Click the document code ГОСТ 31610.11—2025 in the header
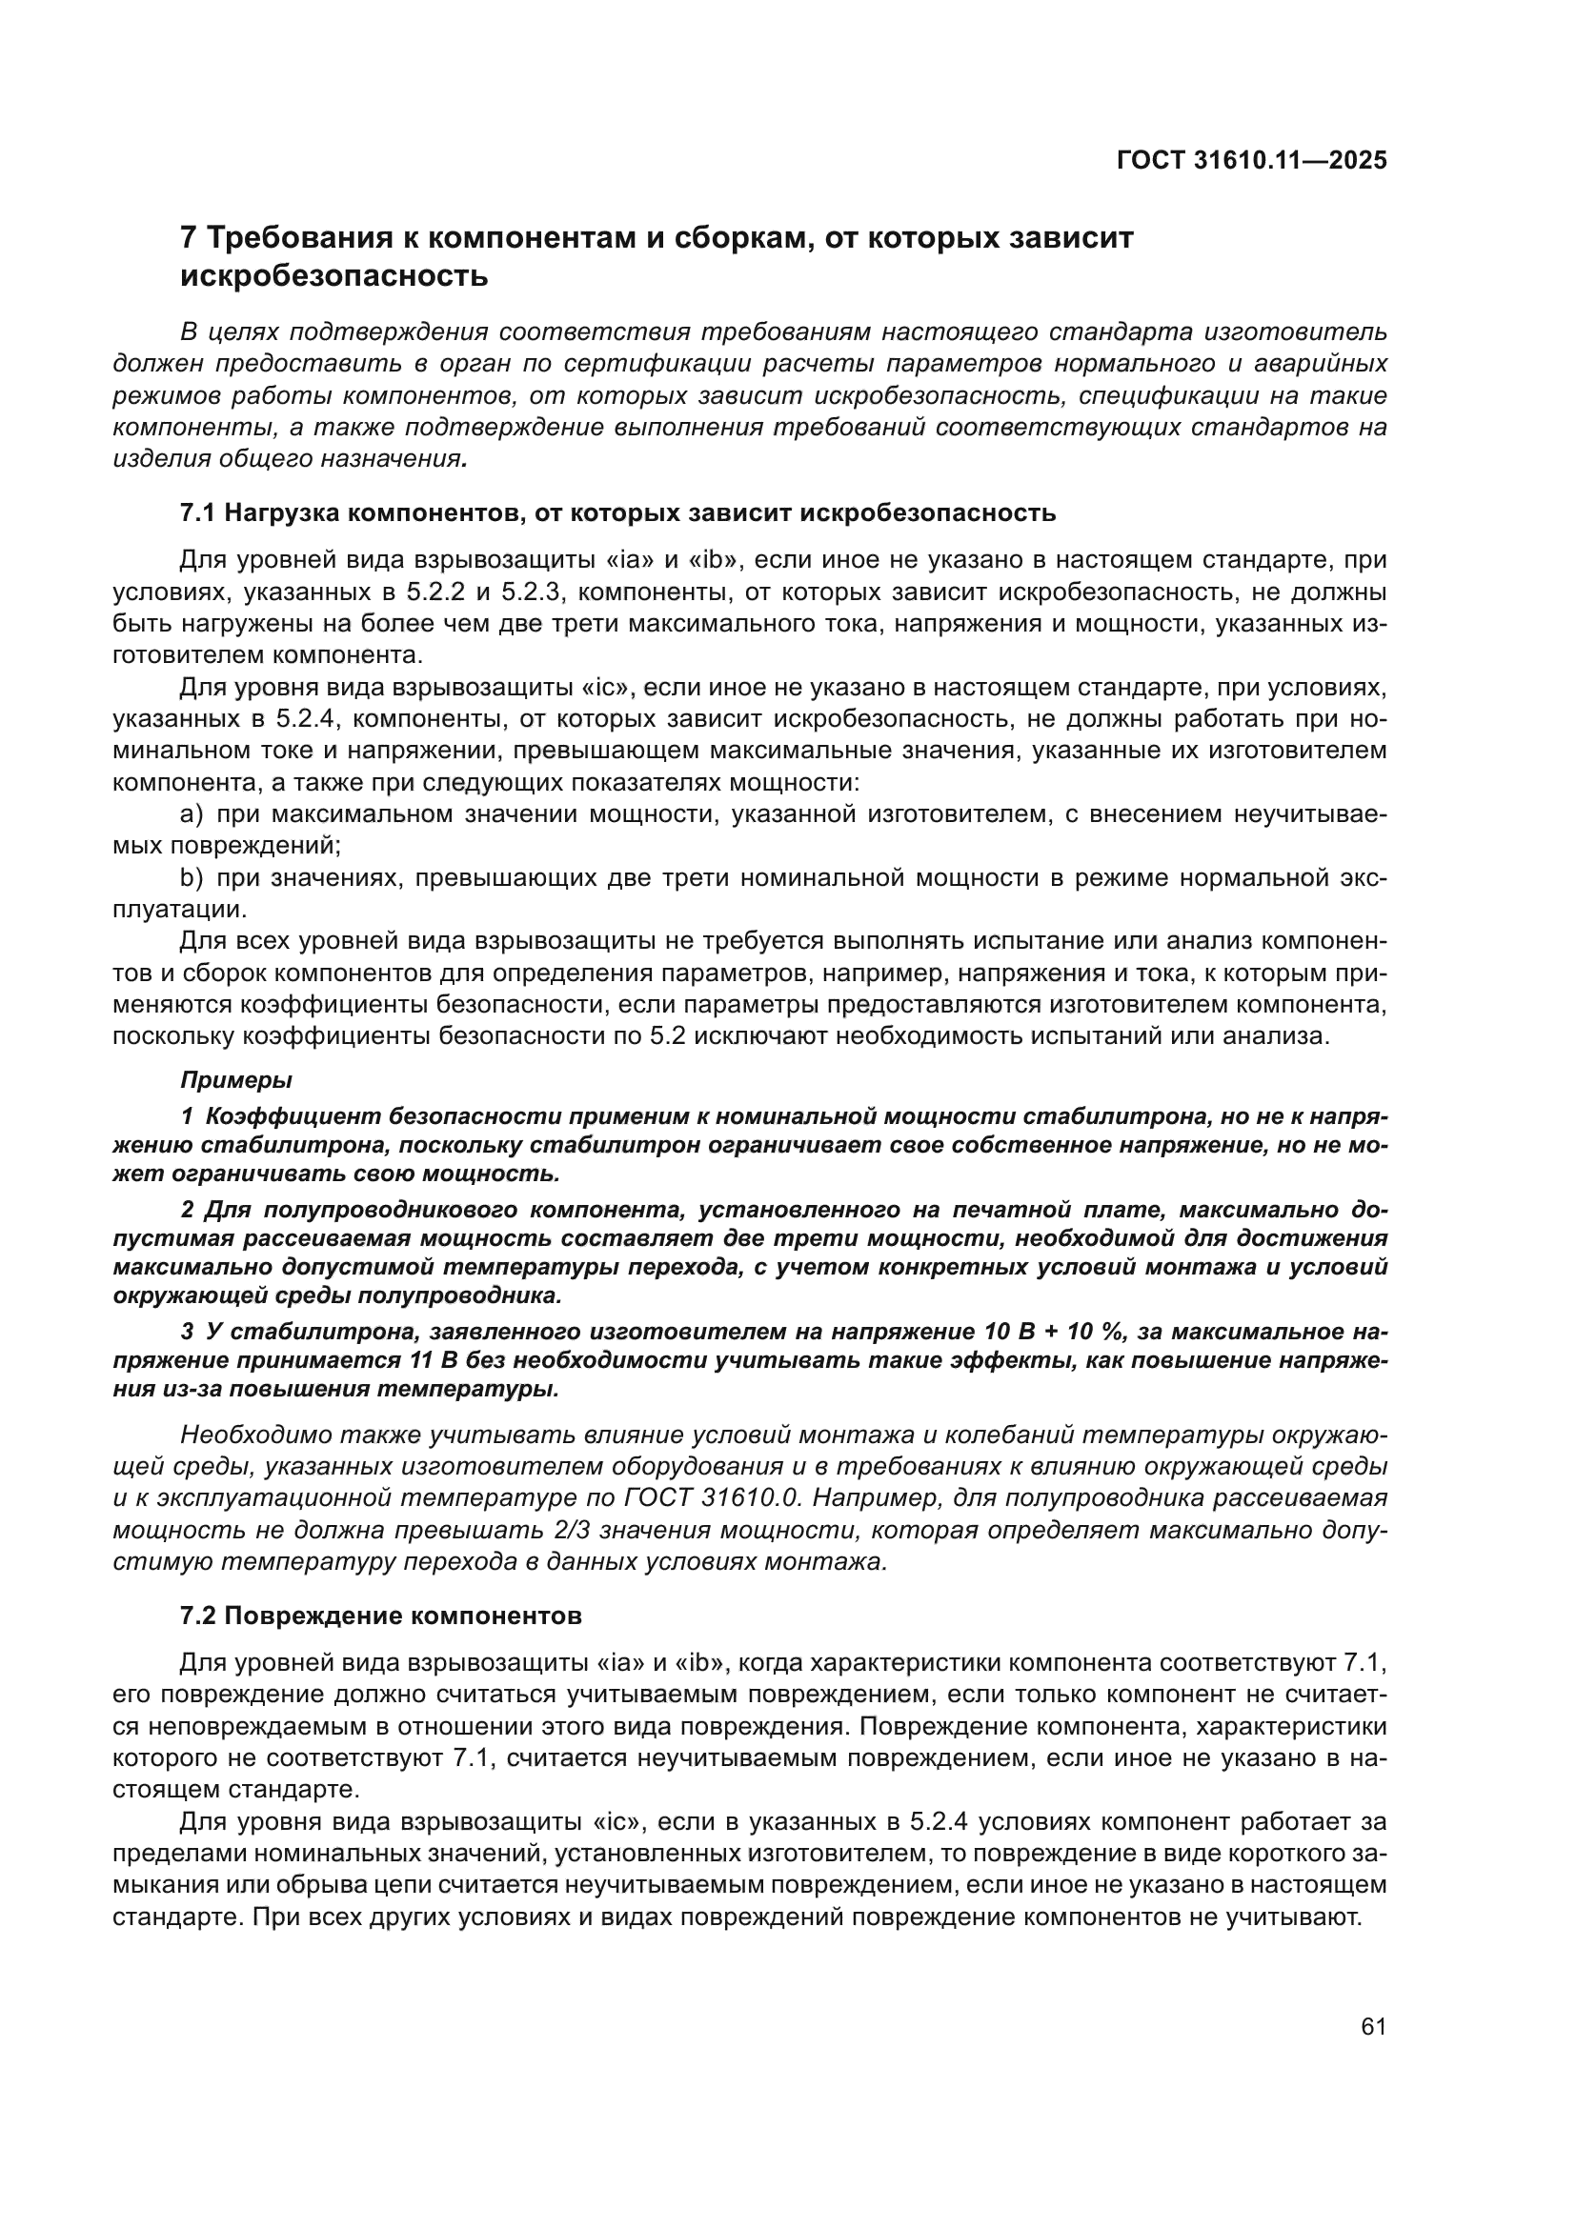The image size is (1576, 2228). (1252, 161)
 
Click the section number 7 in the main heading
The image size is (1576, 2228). (191, 238)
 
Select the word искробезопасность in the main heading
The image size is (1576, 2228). (333, 276)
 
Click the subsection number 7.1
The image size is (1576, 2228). (197, 513)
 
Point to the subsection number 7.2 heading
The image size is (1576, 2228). (197, 1616)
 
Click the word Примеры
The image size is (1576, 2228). (237, 1079)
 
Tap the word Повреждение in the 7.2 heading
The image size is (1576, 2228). (315, 1616)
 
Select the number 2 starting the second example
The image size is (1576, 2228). (188, 1210)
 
